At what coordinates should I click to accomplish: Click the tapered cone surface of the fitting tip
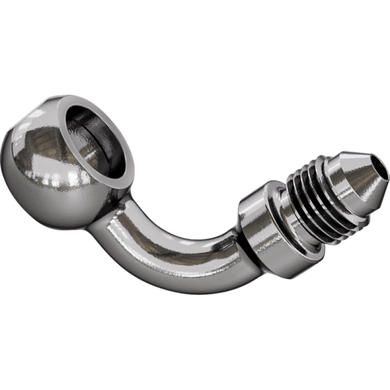point(367,179)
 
